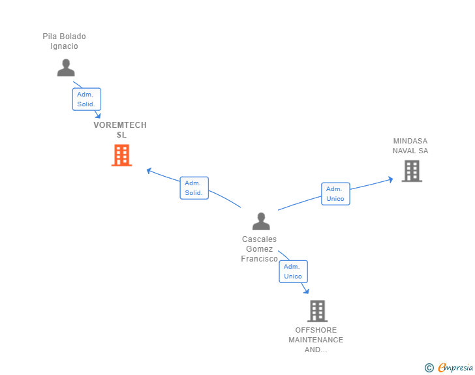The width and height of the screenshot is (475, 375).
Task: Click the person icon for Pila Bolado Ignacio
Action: tap(66, 68)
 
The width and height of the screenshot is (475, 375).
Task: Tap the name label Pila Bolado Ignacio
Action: tap(64, 41)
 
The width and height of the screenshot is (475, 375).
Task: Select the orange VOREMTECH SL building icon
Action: tap(121, 155)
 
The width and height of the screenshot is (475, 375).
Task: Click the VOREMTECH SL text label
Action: tap(120, 130)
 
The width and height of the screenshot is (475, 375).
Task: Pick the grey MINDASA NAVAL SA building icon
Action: tap(411, 171)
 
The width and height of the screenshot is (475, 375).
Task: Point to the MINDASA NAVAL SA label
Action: tap(410, 145)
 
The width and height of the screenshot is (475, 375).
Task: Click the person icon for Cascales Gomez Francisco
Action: tap(261, 221)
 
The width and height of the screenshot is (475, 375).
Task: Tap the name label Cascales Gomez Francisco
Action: tap(259, 249)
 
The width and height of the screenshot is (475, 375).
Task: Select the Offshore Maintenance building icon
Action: tap(317, 311)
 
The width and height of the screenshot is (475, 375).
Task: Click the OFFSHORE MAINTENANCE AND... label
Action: tap(316, 340)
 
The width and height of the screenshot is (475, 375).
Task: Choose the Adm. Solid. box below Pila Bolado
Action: tap(86, 99)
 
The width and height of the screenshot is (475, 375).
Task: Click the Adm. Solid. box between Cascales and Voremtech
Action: tap(194, 188)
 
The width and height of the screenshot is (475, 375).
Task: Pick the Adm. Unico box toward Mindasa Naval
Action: tap(335, 194)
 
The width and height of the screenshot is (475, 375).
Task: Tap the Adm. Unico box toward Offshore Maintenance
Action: tap(293, 271)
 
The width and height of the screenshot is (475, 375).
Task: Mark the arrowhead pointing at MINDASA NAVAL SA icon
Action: tap(390, 178)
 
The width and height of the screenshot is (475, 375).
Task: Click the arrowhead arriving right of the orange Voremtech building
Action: tap(149, 171)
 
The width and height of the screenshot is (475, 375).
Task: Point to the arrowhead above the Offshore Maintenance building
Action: tap(306, 292)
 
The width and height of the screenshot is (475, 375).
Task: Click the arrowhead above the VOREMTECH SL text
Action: tap(98, 115)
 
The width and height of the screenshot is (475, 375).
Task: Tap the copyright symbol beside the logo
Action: tap(429, 368)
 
